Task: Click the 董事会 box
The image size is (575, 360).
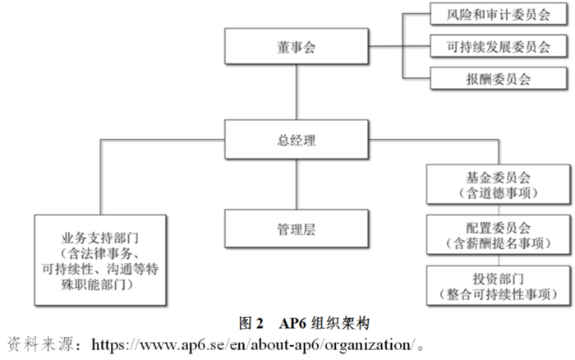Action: tap(297, 48)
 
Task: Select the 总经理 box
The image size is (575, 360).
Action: tap(297, 140)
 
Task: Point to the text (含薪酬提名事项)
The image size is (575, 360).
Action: tap(499, 243)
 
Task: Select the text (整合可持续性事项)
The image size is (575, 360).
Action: tap(499, 293)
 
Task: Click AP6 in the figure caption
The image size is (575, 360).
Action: tap(291, 320)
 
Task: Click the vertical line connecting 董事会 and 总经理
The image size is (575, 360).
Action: tap(297, 94)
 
